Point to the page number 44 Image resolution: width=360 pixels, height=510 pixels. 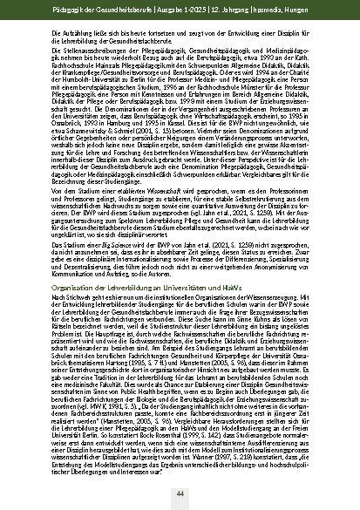tap(180, 493)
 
